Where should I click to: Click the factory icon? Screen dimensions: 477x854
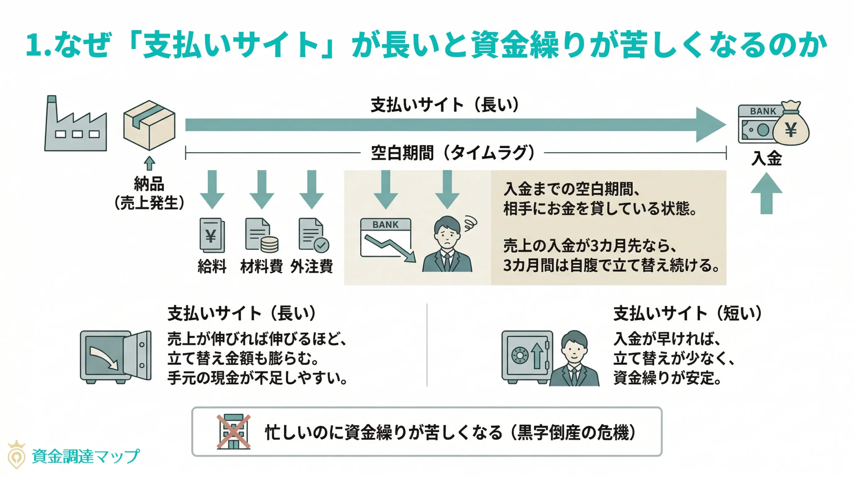click(x=76, y=125)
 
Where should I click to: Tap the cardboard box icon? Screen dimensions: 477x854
click(x=149, y=125)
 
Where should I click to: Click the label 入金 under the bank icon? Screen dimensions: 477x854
click(x=766, y=158)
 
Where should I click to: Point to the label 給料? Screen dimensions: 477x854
click(x=212, y=266)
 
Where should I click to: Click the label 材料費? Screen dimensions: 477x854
click(x=262, y=266)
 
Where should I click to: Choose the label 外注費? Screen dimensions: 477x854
click(x=312, y=266)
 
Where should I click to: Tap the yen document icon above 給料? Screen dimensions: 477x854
click(x=212, y=235)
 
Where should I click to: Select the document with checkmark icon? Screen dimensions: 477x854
click(x=313, y=235)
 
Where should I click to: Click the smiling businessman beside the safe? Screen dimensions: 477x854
click(x=574, y=359)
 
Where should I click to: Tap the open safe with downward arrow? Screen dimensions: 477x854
click(x=115, y=357)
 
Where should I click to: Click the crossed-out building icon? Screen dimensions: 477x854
click(x=234, y=432)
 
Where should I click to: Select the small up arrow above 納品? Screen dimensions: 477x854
click(x=149, y=164)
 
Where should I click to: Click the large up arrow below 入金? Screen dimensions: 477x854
click(x=766, y=194)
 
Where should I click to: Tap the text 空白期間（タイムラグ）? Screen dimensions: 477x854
click(x=452, y=153)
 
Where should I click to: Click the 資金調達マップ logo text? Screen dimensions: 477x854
click(x=85, y=456)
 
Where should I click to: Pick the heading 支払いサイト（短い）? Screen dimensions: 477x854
click(x=688, y=314)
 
